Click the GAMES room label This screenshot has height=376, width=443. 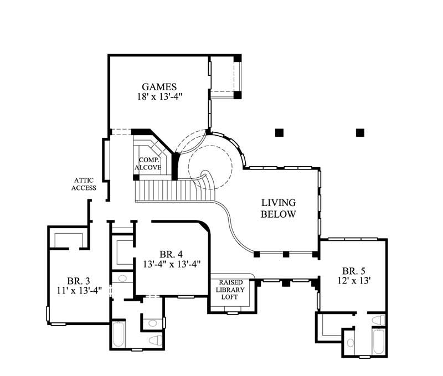(x=159, y=86)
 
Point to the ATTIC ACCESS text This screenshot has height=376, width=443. (x=85, y=184)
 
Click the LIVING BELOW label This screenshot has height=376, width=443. (x=278, y=208)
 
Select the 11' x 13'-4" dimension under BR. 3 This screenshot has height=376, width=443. (x=79, y=290)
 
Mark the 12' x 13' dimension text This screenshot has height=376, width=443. (x=354, y=281)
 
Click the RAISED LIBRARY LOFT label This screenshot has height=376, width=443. (x=231, y=289)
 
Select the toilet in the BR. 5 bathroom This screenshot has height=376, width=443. (x=378, y=320)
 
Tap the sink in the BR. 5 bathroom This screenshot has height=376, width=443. (x=350, y=342)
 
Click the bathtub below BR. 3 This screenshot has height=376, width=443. (x=119, y=335)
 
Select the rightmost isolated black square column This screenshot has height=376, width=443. (x=360, y=132)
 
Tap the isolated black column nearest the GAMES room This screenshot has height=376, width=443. (x=279, y=132)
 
